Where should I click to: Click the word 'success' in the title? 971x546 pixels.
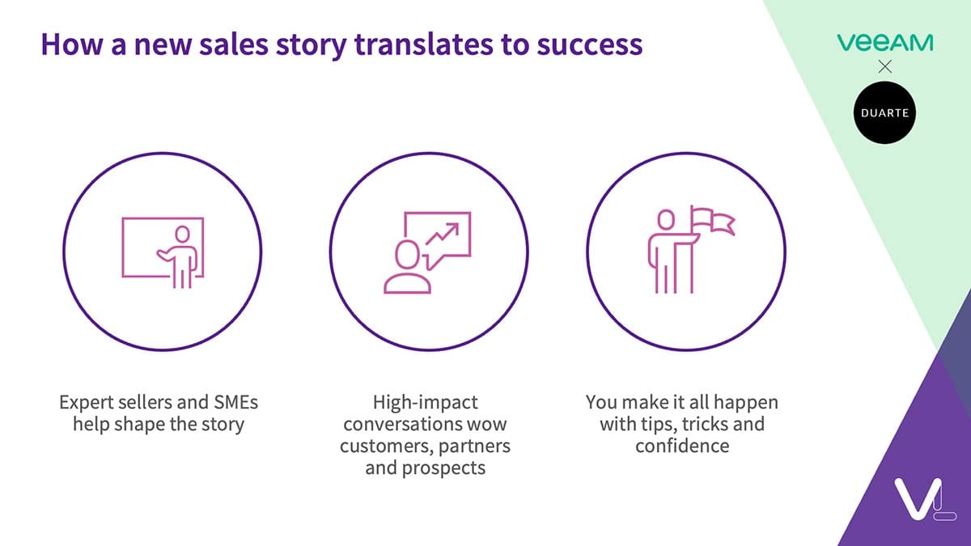tap(590, 44)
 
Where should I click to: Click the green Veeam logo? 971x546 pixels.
tap(884, 43)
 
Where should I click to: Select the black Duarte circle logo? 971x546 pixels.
tap(884, 112)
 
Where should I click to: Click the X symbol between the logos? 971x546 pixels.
tap(884, 66)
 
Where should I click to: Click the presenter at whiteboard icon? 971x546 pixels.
tap(163, 252)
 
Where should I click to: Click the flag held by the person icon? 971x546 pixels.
tap(712, 220)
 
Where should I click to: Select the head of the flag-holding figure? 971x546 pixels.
tap(666, 220)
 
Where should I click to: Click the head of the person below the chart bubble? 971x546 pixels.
tap(408, 254)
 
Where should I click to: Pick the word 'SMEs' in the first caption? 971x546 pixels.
tap(235, 402)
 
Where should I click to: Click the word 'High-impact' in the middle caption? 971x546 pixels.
tap(426, 403)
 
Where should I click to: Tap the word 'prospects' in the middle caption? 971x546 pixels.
tap(444, 468)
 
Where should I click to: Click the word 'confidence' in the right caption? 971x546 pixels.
tap(682, 446)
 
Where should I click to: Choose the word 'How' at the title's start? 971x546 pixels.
tap(72, 44)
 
